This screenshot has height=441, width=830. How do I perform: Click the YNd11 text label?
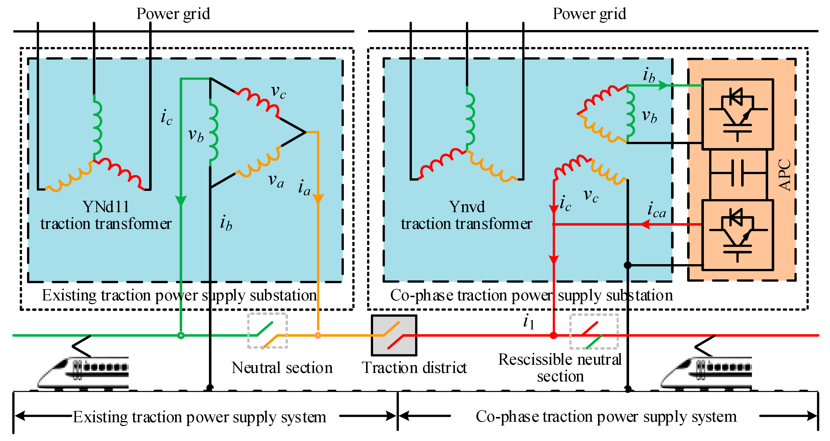pos(106,207)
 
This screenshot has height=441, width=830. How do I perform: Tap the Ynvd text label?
pos(467,207)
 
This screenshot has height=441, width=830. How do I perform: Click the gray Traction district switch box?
pos(394,335)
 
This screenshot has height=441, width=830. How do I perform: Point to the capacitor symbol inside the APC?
pos(737,173)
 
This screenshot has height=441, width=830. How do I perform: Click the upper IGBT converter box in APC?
pos(737,114)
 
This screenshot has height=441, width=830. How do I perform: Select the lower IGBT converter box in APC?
pos(737,235)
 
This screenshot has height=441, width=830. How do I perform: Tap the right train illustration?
pos(706,370)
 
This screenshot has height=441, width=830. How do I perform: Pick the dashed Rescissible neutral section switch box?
pos(594,331)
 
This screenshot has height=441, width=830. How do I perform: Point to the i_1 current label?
pos(529,321)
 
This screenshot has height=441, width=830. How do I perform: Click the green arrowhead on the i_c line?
pos(181,200)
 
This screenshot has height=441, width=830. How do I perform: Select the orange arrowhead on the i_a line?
pos(318,198)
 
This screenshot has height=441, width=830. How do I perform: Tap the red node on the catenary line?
pos(553,335)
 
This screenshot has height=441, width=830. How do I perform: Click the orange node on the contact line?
pos(318,335)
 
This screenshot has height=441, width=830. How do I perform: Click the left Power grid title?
pos(173,14)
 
